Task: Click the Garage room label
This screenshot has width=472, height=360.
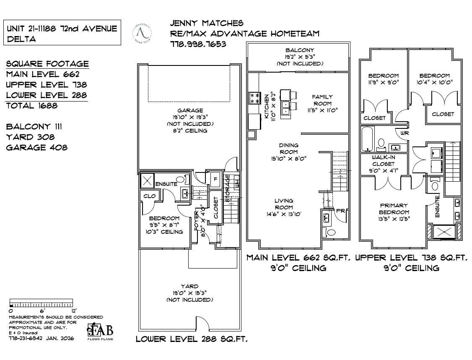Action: pyautogui.click(x=190, y=111)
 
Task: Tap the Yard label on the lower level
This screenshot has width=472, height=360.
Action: pyautogui.click(x=189, y=286)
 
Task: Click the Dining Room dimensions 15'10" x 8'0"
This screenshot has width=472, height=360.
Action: pyautogui.click(x=288, y=159)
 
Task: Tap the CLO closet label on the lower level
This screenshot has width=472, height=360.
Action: pyautogui.click(x=150, y=196)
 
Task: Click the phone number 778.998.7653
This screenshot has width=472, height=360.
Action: pyautogui.click(x=198, y=44)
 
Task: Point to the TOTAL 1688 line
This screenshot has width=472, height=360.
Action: pyautogui.click(x=32, y=106)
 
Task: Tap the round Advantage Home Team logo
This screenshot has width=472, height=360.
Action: pyautogui.click(x=142, y=34)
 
